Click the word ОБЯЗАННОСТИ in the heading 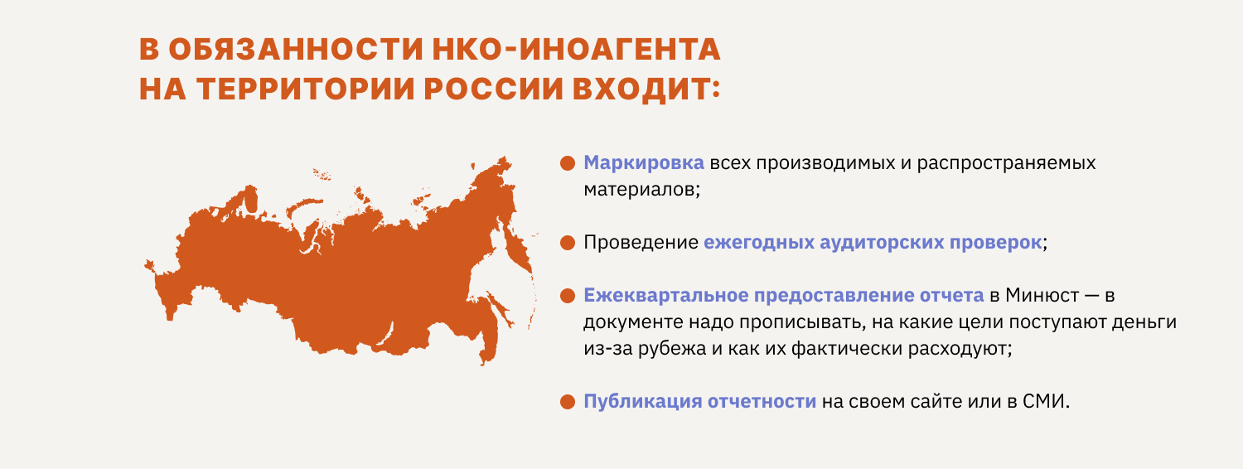pos(297,50)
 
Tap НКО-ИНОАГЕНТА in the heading pos(576,50)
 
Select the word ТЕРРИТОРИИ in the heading pos(306,89)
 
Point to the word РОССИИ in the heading pos(494,89)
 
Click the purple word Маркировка pos(644,163)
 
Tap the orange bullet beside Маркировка pos(567,163)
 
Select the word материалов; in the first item pos(642,190)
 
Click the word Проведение pos(641,243)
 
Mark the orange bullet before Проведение pos(567,243)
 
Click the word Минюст pos(1042,295)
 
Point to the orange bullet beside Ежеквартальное pos(567,295)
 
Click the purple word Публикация pos(642,401)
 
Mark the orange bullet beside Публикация pos(567,401)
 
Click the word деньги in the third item pos(1144,322)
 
